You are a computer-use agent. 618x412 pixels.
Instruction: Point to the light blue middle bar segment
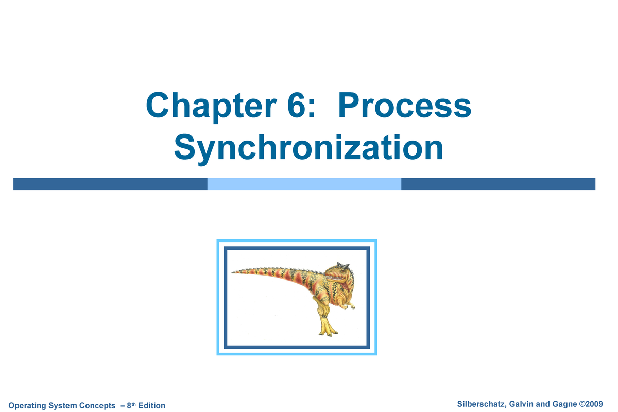[x=304, y=184]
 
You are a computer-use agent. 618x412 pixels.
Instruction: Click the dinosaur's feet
[x=327, y=331]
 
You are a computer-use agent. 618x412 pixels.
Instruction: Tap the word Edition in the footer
[x=151, y=406]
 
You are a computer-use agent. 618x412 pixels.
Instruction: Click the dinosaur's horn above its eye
[x=339, y=265]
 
